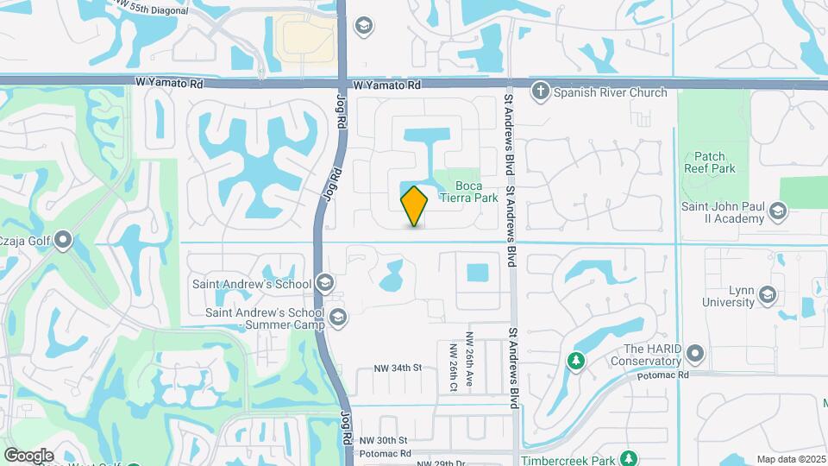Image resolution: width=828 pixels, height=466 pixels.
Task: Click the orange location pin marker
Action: pyautogui.click(x=415, y=205)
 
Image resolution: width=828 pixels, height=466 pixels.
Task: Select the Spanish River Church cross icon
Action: pyautogui.click(x=541, y=91)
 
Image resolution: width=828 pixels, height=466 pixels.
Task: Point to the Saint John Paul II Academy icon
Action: pyautogui.click(x=778, y=211)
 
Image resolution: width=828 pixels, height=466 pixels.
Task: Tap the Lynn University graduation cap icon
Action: pyautogui.click(x=767, y=296)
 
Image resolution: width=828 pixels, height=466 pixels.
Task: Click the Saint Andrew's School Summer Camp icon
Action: pyautogui.click(x=337, y=318)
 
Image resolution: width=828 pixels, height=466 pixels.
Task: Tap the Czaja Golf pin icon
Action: pyautogui.click(x=63, y=242)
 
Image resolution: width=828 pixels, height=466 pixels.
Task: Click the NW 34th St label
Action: pyautogui.click(x=397, y=368)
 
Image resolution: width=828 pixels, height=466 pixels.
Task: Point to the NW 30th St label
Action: pyautogui.click(x=384, y=440)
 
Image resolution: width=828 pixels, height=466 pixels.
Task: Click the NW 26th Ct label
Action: pyautogui.click(x=453, y=367)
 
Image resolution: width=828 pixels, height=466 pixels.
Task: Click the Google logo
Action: pyautogui.click(x=28, y=456)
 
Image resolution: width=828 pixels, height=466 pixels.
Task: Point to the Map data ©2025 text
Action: pyautogui.click(x=791, y=459)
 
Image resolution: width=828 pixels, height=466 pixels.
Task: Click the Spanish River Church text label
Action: pyautogui.click(x=610, y=92)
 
